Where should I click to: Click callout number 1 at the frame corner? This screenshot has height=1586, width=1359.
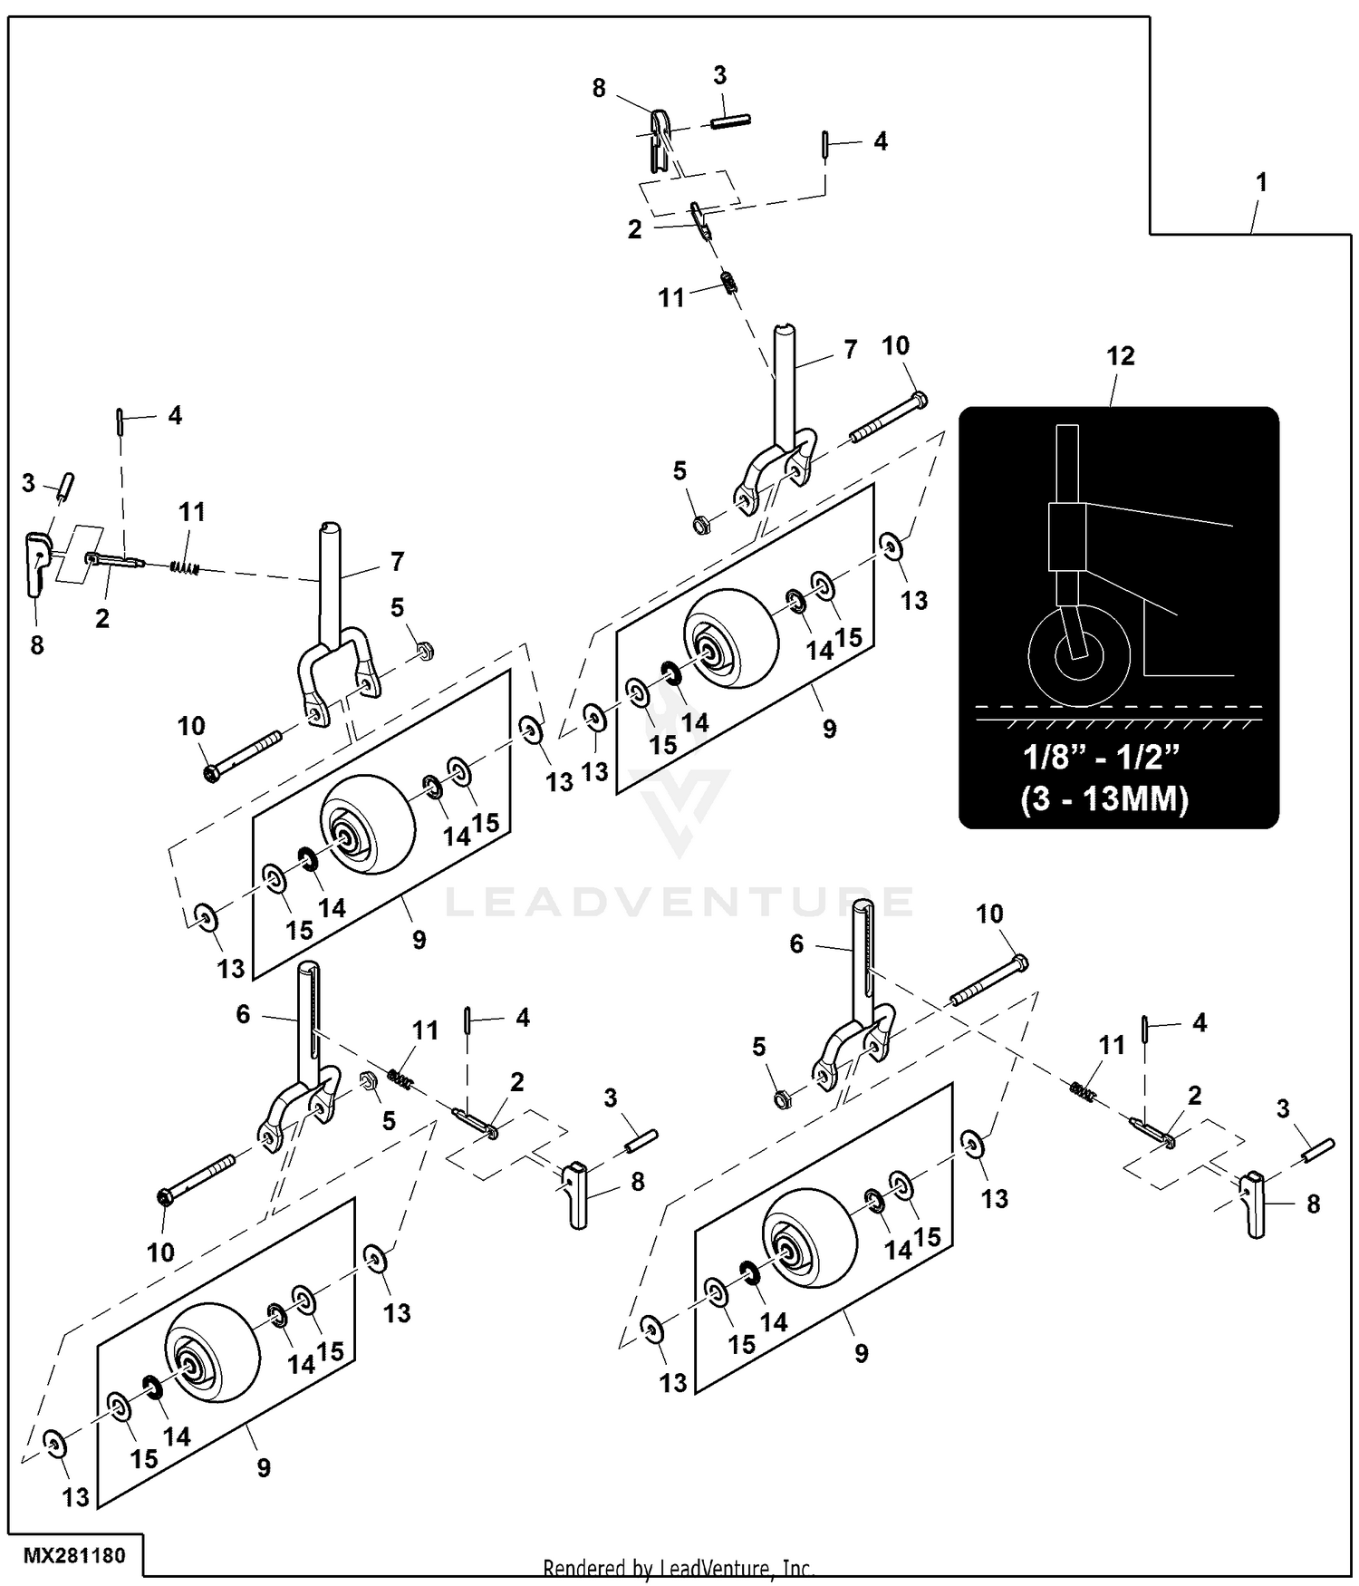pyautogui.click(x=1260, y=182)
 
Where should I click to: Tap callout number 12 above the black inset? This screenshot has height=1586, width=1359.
pyautogui.click(x=1120, y=356)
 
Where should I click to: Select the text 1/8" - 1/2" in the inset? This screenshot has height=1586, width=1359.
pyautogui.click(x=1103, y=758)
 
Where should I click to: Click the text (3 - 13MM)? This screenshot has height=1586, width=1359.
pyautogui.click(x=1104, y=799)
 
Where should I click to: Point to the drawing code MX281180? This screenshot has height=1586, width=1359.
pyautogui.click(x=74, y=1556)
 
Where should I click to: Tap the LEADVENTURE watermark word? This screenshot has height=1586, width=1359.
pyautogui.click(x=679, y=902)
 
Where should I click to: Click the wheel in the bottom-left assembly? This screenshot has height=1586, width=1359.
pyautogui.click(x=211, y=1353)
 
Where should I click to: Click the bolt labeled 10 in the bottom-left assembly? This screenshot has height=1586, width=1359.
pyautogui.click(x=197, y=1177)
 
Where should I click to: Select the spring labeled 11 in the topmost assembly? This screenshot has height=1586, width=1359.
pyautogui.click(x=728, y=282)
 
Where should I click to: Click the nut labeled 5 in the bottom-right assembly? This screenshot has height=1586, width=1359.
pyautogui.click(x=781, y=1099)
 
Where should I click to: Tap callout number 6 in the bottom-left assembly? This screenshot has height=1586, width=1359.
pyautogui.click(x=243, y=1014)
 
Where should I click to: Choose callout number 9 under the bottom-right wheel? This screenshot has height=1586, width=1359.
pyautogui.click(x=861, y=1353)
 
